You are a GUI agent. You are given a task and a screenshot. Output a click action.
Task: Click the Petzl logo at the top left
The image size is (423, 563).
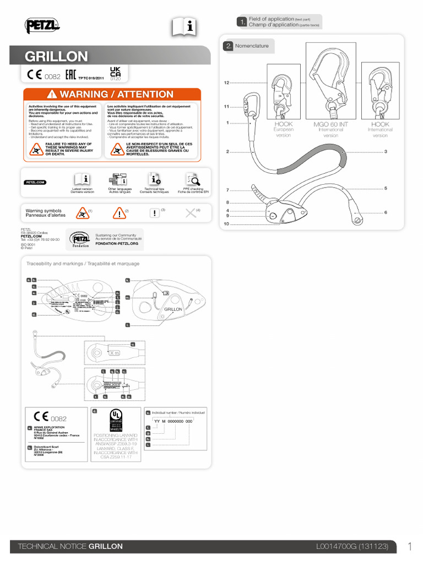(42, 25)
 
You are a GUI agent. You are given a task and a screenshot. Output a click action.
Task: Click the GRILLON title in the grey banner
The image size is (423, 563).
(56, 56)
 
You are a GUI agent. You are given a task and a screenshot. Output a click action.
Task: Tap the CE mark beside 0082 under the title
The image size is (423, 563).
(34, 75)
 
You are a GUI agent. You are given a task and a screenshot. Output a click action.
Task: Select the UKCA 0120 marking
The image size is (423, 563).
(115, 74)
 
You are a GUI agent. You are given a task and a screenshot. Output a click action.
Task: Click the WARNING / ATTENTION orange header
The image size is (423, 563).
(111, 95)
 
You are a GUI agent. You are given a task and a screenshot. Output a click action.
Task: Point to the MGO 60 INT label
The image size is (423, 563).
(330, 125)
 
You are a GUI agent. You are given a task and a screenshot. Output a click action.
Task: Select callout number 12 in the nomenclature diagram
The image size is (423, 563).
(226, 82)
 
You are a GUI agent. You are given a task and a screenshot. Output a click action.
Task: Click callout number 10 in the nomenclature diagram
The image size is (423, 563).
(226, 224)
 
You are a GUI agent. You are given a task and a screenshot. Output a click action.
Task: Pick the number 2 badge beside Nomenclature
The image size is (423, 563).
(228, 46)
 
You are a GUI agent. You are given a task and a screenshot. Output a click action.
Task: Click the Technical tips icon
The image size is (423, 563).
(154, 179)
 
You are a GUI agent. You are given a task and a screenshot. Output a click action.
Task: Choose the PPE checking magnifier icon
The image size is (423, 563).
(193, 179)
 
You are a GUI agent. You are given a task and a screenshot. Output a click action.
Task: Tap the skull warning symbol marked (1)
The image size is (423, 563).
(81, 213)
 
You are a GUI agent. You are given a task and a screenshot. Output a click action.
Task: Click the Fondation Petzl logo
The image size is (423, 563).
(79, 240)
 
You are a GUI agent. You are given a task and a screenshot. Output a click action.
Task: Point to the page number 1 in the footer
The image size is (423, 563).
(410, 547)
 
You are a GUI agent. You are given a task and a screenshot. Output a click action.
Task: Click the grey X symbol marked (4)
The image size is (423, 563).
(191, 213)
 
